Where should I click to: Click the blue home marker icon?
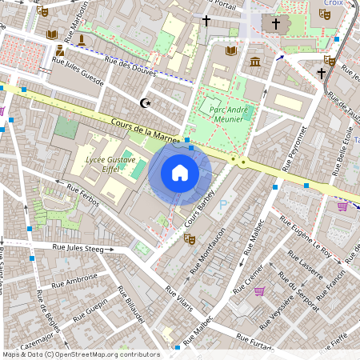(180, 172)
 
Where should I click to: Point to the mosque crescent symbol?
(145, 102)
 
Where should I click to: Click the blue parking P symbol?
(222, 205)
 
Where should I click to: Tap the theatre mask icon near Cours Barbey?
(190, 238)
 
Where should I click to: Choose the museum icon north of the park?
(254, 62)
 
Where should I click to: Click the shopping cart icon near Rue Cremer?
(259, 290)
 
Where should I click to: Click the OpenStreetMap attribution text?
(80, 354)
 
